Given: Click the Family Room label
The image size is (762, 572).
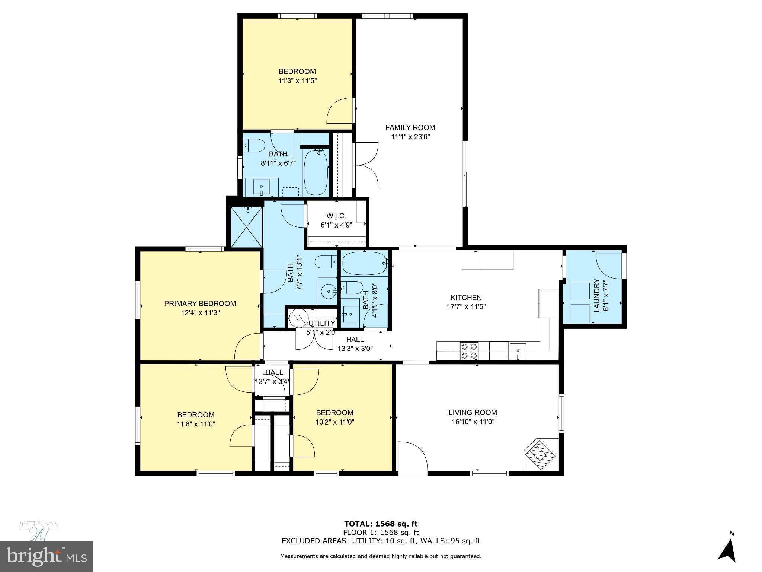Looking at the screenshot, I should point(410,128).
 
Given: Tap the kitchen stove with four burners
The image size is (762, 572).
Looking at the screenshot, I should point(469,351).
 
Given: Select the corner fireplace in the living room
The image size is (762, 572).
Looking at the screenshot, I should point(541,455).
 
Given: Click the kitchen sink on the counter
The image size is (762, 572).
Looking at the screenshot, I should point(518,350).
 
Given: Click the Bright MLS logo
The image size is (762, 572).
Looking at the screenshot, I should point(46,557).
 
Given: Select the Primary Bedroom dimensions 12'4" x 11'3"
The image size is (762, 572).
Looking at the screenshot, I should point(200,313).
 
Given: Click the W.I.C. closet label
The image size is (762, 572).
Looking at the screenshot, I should point(336,216).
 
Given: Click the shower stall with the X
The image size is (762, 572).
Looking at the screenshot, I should point(246,227).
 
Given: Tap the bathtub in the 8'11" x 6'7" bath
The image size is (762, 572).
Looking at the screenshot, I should point(316,172).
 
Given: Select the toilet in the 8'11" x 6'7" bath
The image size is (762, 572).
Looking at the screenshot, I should point(254,145).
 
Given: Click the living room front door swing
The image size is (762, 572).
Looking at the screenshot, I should point(412,457).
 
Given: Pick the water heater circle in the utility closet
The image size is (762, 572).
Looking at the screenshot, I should point(299,318).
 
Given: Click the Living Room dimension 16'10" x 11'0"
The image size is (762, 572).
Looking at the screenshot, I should point(473,422).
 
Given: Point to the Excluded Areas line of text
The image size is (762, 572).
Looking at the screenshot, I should point(381,541).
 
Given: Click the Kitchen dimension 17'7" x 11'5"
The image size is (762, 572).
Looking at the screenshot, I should point(466,307).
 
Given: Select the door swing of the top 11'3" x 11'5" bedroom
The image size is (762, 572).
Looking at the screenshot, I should point(340,111).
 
